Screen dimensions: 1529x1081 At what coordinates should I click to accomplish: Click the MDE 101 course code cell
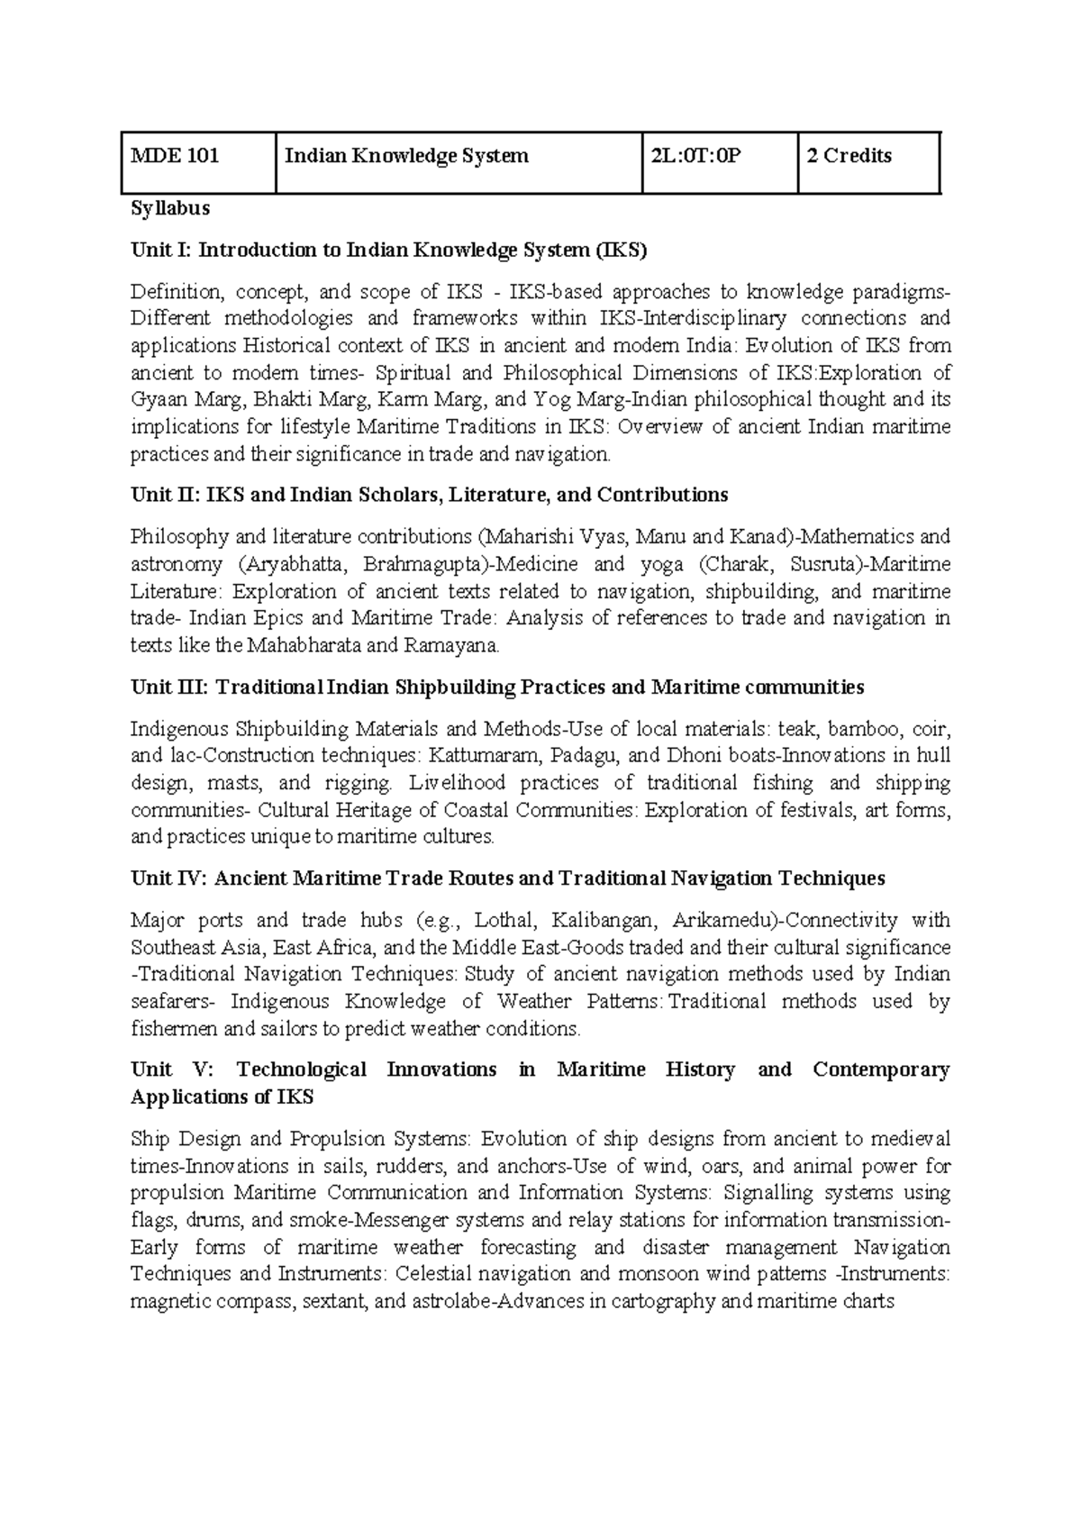click(x=176, y=156)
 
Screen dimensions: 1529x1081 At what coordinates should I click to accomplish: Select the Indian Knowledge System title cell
click(x=406, y=156)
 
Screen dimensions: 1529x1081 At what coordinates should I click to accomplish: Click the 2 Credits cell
click(x=849, y=156)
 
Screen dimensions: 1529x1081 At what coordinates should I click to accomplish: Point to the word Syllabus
click(x=170, y=208)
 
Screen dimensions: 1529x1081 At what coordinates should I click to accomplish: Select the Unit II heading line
click(x=429, y=495)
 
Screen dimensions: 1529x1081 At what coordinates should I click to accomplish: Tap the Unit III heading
click(x=496, y=687)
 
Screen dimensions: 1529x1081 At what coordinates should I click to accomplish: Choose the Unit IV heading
click(x=507, y=878)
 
